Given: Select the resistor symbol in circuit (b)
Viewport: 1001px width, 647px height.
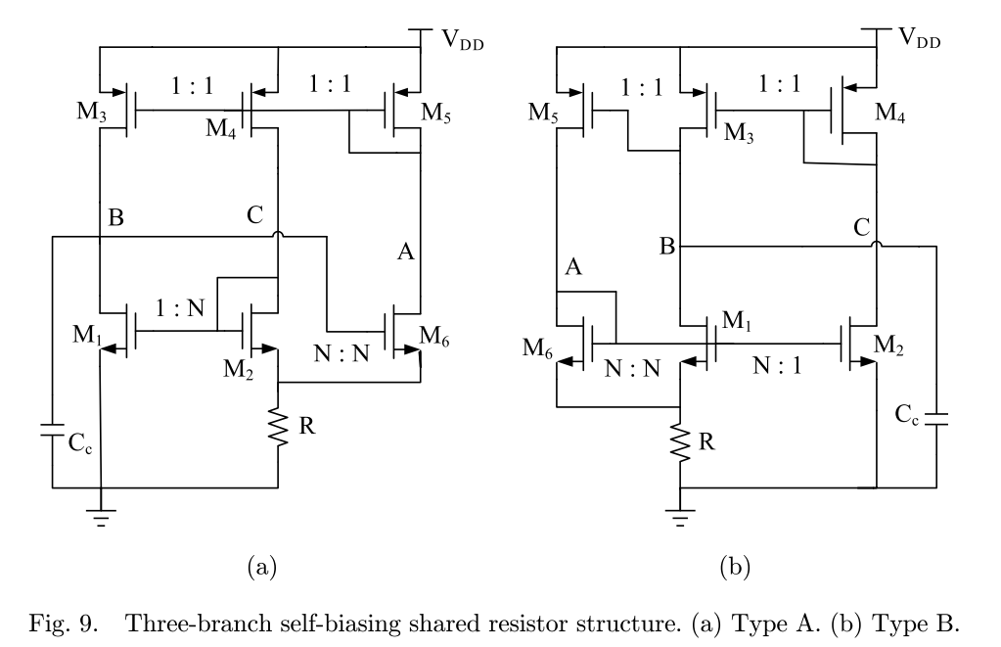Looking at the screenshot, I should tap(680, 442).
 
